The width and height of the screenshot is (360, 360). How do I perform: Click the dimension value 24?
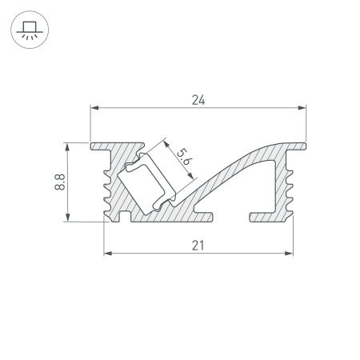pyautogui.click(x=198, y=100)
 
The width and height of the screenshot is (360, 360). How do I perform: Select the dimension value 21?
pyautogui.click(x=198, y=246)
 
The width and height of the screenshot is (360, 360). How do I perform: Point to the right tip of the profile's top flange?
pyautogui.click(x=306, y=145)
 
